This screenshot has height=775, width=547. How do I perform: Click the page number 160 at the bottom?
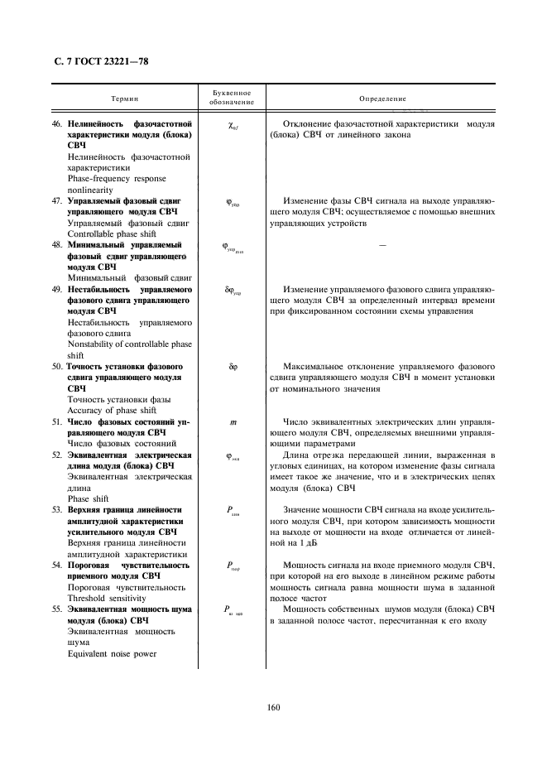[x=273, y=706]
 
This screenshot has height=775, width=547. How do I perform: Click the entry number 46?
[x=58, y=123]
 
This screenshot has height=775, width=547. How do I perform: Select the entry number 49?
[x=58, y=290]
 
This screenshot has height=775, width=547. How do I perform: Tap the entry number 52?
[x=58, y=455]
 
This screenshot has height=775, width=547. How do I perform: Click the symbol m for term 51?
[x=233, y=421]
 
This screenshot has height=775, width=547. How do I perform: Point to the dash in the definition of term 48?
[x=382, y=246]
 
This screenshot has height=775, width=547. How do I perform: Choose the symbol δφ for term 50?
[x=233, y=364]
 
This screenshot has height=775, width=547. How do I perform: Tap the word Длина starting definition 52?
[x=297, y=455]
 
